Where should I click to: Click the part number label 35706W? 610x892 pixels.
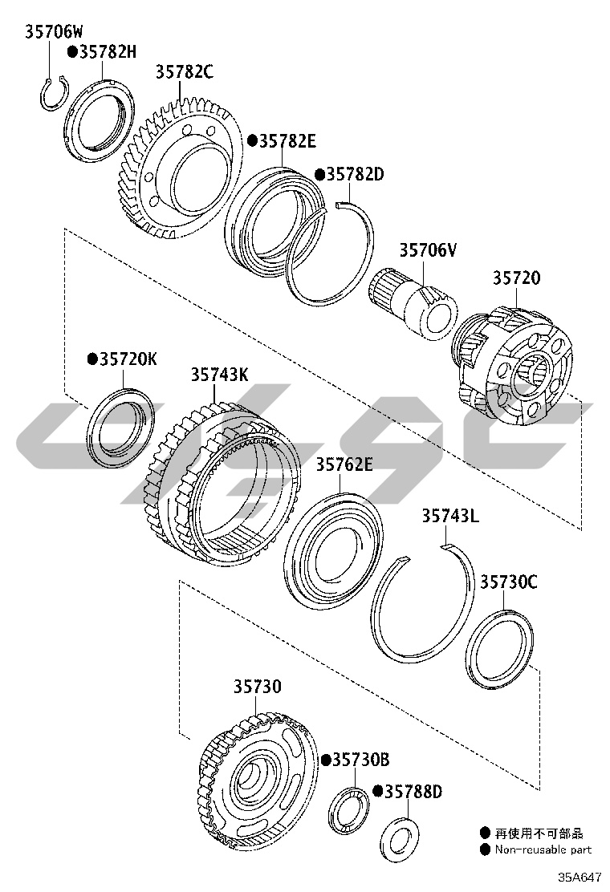point(54,31)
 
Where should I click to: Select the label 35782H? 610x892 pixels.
point(108,52)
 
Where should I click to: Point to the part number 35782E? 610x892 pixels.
point(287,140)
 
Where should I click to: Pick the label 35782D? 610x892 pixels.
point(355,174)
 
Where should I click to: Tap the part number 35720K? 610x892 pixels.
point(128,359)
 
